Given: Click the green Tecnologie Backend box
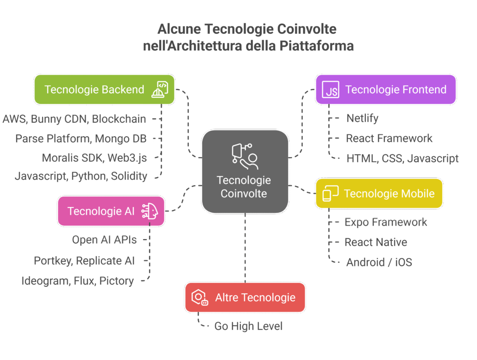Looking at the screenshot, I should pyautogui.click(x=104, y=89).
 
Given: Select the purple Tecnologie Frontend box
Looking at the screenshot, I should pyautogui.click(x=386, y=89).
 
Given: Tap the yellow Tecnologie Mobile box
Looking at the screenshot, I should pyautogui.click(x=379, y=193).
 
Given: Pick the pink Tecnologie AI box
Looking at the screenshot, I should pyautogui.click(x=111, y=211).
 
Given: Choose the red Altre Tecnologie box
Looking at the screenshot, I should pyautogui.click(x=245, y=297).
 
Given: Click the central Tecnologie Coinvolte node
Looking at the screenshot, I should pyautogui.click(x=245, y=171).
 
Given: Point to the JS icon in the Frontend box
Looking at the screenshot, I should pyautogui.click(x=331, y=90).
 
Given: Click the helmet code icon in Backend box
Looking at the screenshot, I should pyautogui.click(x=160, y=89).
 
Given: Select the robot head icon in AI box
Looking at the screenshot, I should pyautogui.click(x=150, y=211).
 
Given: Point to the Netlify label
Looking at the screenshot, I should pyautogui.click(x=362, y=119).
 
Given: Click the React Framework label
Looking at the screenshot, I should pyautogui.click(x=389, y=138).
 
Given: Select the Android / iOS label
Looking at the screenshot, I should pyautogui.click(x=379, y=262).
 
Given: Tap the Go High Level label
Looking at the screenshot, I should pyautogui.click(x=248, y=326).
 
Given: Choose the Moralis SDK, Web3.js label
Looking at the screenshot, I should pyautogui.click(x=94, y=158).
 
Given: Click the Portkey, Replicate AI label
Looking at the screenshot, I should pyautogui.click(x=84, y=260).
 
